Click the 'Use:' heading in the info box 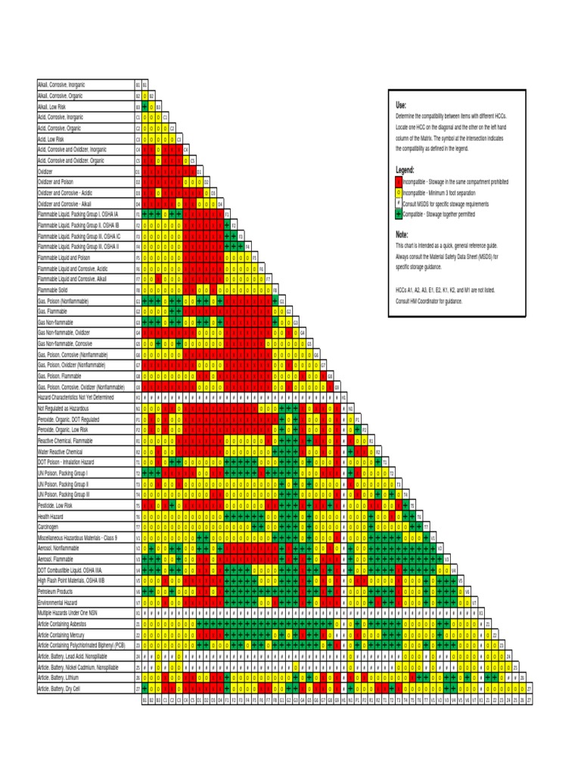pyautogui.click(x=401, y=105)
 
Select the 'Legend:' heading pyautogui.click(x=405, y=171)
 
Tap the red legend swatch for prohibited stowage pyautogui.click(x=399, y=182)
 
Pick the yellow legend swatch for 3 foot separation pyautogui.click(x=399, y=193)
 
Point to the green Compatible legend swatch pyautogui.click(x=399, y=215)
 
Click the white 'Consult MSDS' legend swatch pyautogui.click(x=399, y=204)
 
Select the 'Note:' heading pyautogui.click(x=402, y=235)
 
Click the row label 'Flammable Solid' pyautogui.click(x=55, y=289)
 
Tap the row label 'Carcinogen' pyautogui.click(x=49, y=526)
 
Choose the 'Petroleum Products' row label pyautogui.click(x=58, y=592)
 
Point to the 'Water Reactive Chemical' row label pyautogui.click(x=64, y=451)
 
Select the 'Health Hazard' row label pyautogui.click(x=51, y=515)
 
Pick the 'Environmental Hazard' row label pyautogui.click(x=60, y=602)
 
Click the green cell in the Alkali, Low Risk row pyautogui.click(x=144, y=107)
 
